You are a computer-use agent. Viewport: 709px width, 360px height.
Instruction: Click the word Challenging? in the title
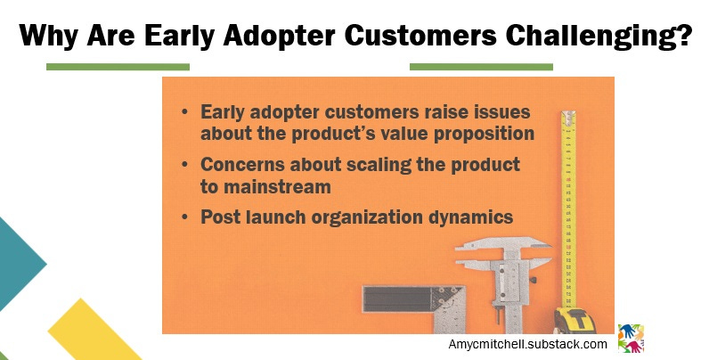(599, 37)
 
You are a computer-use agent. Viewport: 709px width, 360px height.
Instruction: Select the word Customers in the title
(420, 36)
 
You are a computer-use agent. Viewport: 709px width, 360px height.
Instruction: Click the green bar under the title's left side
(118, 67)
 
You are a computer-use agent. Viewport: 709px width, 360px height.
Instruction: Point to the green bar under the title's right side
(481, 67)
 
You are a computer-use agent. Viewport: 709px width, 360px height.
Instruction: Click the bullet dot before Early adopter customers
(184, 111)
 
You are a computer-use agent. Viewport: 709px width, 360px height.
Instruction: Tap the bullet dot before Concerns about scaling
(184, 164)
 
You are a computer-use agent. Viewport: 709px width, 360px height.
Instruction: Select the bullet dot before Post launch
(184, 217)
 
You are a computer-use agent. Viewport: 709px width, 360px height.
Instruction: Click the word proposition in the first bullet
(484, 135)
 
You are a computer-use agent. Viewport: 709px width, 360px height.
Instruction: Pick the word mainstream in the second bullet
(278, 187)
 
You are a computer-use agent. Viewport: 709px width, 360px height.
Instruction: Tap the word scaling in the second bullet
(379, 165)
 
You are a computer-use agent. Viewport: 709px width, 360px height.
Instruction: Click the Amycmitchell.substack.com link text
(527, 345)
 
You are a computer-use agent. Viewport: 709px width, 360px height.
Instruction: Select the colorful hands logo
(631, 339)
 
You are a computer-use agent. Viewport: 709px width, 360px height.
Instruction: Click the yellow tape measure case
(575, 321)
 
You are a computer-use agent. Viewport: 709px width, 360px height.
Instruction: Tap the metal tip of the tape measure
(568, 116)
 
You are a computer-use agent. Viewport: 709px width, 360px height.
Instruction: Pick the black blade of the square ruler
(398, 299)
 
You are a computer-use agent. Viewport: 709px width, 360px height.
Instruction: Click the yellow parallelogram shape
(93, 331)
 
